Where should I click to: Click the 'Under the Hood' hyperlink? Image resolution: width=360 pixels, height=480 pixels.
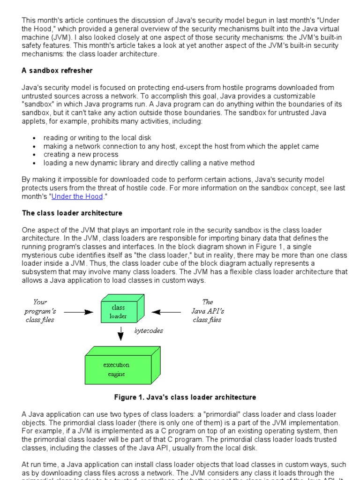pyautogui.click(x=77, y=196)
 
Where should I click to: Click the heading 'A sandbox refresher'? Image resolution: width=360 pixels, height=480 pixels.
pyautogui.click(x=57, y=70)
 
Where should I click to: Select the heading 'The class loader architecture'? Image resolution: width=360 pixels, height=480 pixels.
pyautogui.click(x=72, y=213)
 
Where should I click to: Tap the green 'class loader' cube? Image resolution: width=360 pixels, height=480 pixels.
pyautogui.click(x=119, y=311)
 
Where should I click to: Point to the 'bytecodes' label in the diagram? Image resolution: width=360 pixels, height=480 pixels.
pyautogui.click(x=149, y=330)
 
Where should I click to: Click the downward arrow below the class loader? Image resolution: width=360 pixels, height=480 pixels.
pyautogui.click(x=120, y=333)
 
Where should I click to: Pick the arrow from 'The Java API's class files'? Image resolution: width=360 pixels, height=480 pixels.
pyautogui.click(x=167, y=311)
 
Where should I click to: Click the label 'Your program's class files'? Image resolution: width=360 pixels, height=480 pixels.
pyautogui.click(x=40, y=311)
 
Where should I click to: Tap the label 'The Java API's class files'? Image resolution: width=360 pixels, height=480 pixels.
pyautogui.click(x=207, y=311)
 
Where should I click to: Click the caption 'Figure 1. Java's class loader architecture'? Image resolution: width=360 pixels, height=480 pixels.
pyautogui.click(x=185, y=397)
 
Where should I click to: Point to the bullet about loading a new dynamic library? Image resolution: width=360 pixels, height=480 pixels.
pyautogui.click(x=149, y=163)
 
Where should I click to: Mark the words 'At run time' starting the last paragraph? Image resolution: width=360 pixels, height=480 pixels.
pyautogui.click(x=40, y=465)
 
